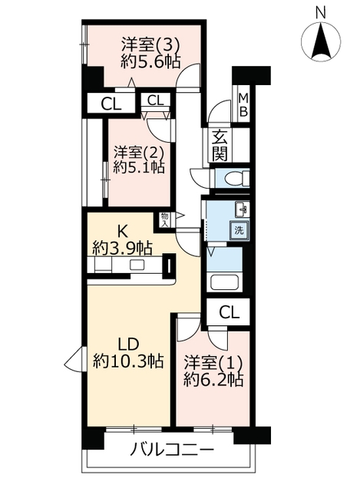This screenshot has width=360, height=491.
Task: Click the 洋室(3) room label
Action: coord(150,45)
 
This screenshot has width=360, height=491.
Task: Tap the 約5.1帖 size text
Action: coord(139,167)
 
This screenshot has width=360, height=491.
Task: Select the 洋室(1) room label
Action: coord(213,363)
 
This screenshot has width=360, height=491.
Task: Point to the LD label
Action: coord(128,344)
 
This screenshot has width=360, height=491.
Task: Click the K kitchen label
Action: coord(122,232)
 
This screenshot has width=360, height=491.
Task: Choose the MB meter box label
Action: coord(243,104)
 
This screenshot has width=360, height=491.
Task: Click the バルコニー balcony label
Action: coord(172,450)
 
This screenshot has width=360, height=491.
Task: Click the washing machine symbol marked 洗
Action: coord(239,231)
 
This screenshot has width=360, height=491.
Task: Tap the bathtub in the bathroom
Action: coord(225,282)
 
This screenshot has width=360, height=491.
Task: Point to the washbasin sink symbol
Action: coord(242,209)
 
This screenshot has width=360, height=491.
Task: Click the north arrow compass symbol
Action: coord(321,41)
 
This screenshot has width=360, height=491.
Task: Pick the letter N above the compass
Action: coord(320,12)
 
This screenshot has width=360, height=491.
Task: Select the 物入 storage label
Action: coord(164,219)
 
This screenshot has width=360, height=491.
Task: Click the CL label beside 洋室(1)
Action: coord(230,312)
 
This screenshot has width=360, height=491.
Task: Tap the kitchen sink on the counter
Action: coord(137,265)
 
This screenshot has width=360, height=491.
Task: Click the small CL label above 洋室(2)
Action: coord(155,101)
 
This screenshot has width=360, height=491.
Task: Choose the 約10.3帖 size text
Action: coord(128,362)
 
